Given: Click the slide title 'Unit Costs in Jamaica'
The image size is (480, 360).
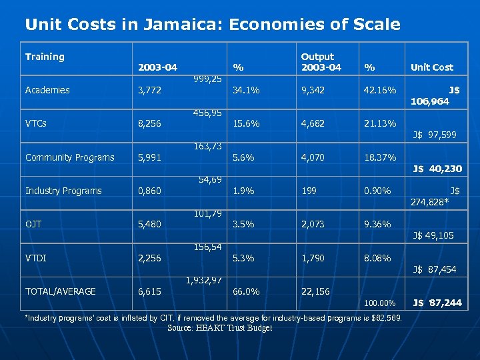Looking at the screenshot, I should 212,25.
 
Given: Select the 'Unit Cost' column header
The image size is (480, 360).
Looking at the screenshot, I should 431,67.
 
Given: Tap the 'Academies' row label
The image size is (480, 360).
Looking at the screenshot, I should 47,91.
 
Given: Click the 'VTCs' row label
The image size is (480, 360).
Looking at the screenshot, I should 35,124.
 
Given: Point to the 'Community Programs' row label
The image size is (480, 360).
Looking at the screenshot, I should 69,158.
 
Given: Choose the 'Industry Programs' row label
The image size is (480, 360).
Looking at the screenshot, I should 63,191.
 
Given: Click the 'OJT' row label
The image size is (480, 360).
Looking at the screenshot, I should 33,225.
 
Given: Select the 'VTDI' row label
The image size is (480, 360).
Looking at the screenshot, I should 35,258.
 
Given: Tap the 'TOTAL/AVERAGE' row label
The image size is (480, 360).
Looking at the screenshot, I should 60,291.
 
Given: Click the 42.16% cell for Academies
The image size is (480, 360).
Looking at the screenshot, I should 380,91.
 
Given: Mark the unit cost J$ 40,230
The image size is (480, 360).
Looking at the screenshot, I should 437,169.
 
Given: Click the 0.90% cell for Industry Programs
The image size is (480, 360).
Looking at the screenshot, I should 377,191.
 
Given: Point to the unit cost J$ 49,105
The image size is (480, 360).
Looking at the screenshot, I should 434,236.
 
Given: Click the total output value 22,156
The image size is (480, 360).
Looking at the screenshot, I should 315,291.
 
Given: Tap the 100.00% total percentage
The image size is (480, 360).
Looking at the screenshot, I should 382,303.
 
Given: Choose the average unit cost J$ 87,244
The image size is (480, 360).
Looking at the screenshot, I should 437,303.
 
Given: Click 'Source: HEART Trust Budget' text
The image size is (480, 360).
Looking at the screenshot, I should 220,328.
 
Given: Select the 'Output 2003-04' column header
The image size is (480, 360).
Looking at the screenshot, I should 321,62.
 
